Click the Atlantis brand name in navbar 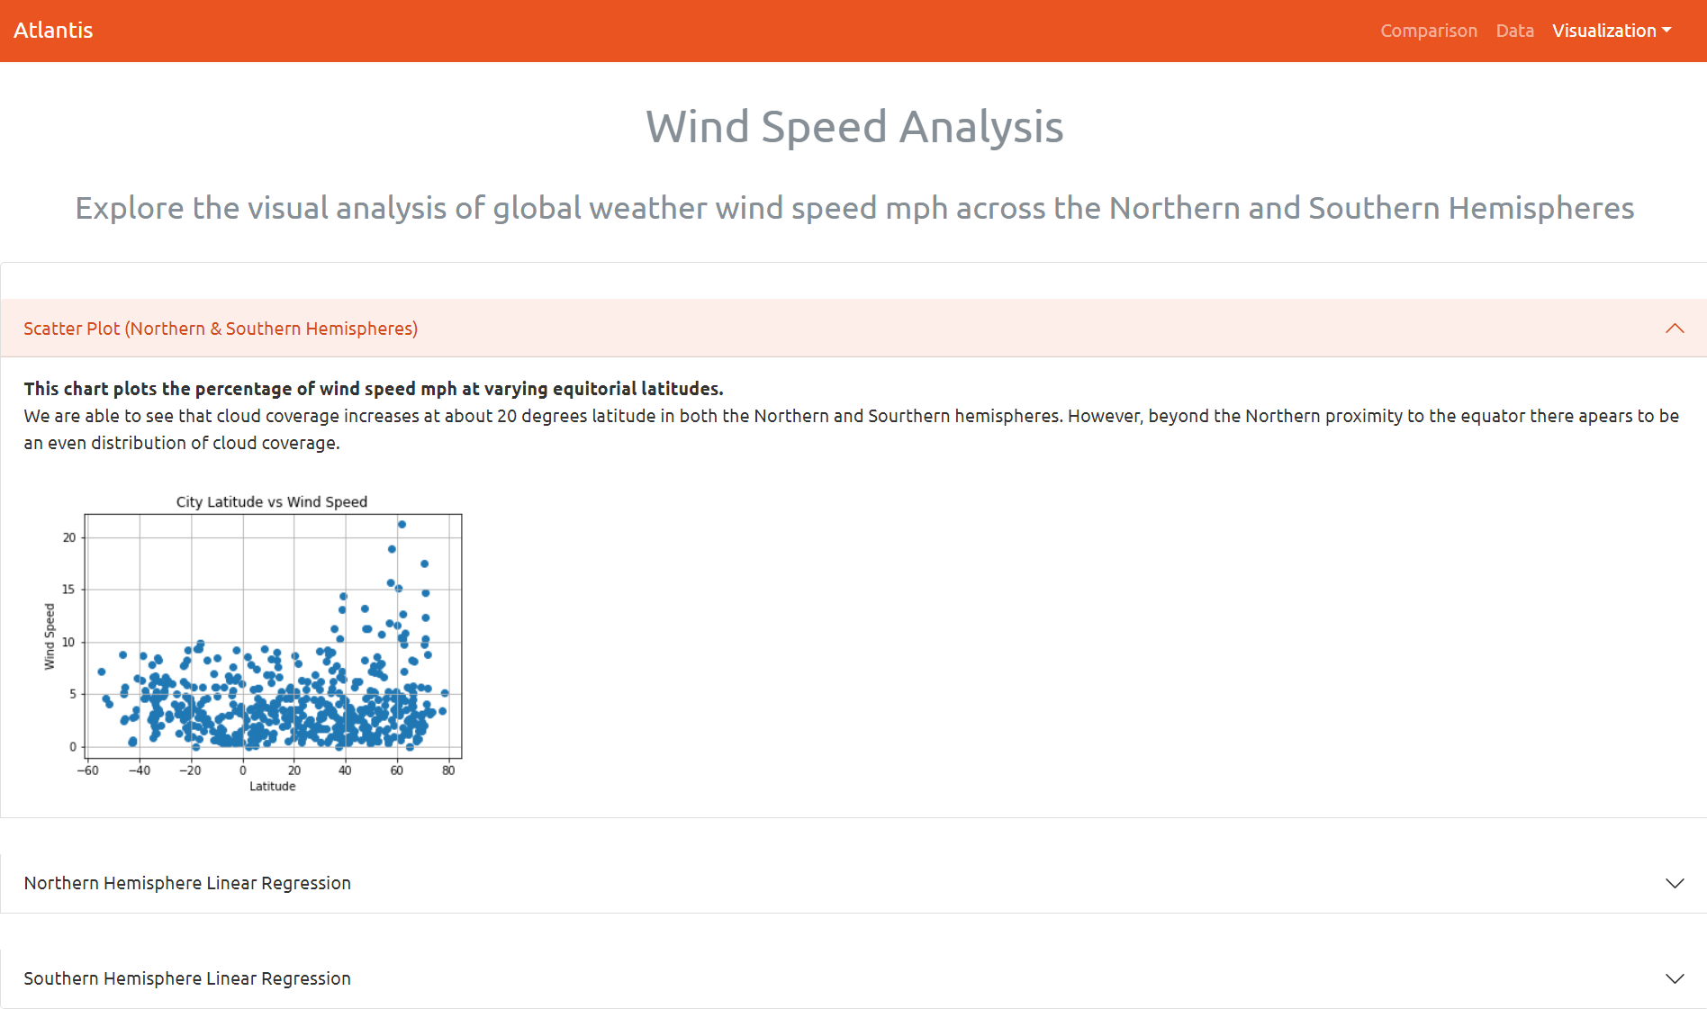coord(53,31)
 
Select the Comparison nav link coord(1428,31)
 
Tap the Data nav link coord(1514,31)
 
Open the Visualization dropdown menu coord(1611,31)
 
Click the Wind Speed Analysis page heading coord(853,127)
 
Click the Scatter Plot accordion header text coord(221,329)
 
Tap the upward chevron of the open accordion coord(1674,329)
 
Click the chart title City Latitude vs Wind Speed coord(271,501)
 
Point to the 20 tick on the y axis coord(69,537)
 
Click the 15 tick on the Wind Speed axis coord(69,590)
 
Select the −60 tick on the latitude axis coord(87,770)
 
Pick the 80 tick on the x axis coord(448,770)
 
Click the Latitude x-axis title coord(272,786)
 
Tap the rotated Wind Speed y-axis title coord(50,636)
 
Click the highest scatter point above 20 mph coord(402,524)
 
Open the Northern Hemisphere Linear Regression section coord(187,883)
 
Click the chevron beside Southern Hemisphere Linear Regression coord(1674,978)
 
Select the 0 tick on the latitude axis coord(243,770)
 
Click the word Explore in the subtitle coord(130,208)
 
